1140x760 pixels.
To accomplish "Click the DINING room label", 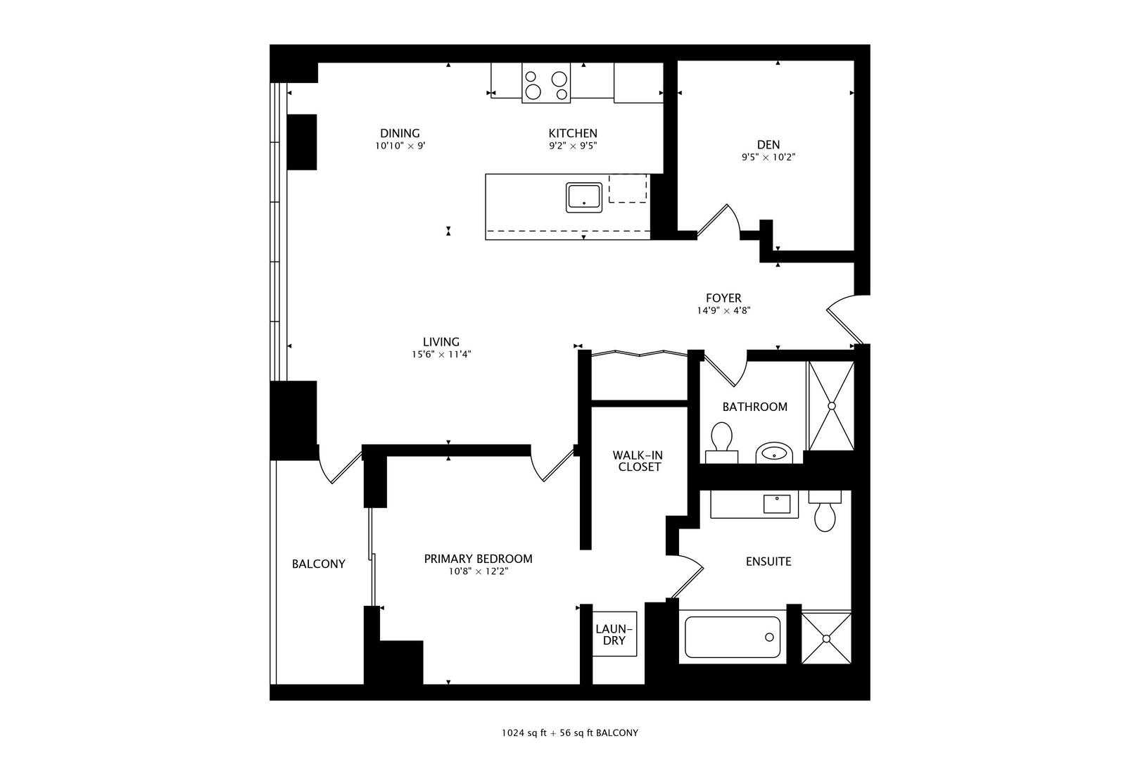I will coord(400,133).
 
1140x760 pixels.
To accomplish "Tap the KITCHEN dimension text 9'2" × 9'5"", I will coord(573,146).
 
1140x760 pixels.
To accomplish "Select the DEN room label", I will coord(768,144).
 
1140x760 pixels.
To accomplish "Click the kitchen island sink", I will coord(584,197).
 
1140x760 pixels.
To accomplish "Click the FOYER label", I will coord(723,298).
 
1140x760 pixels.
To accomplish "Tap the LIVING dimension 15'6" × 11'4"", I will coord(441,355).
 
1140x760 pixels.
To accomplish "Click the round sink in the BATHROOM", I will coord(774,452).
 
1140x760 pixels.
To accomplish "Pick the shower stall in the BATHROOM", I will coord(830,406).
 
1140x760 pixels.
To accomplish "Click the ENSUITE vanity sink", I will coord(776,504).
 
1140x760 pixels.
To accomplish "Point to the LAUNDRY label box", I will coord(614,634).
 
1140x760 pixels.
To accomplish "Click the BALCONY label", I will coord(319,564).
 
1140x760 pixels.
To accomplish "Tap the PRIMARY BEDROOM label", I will coord(478,559).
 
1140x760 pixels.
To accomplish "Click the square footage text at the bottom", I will coord(569,733).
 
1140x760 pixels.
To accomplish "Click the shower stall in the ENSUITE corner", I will coord(826,638).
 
